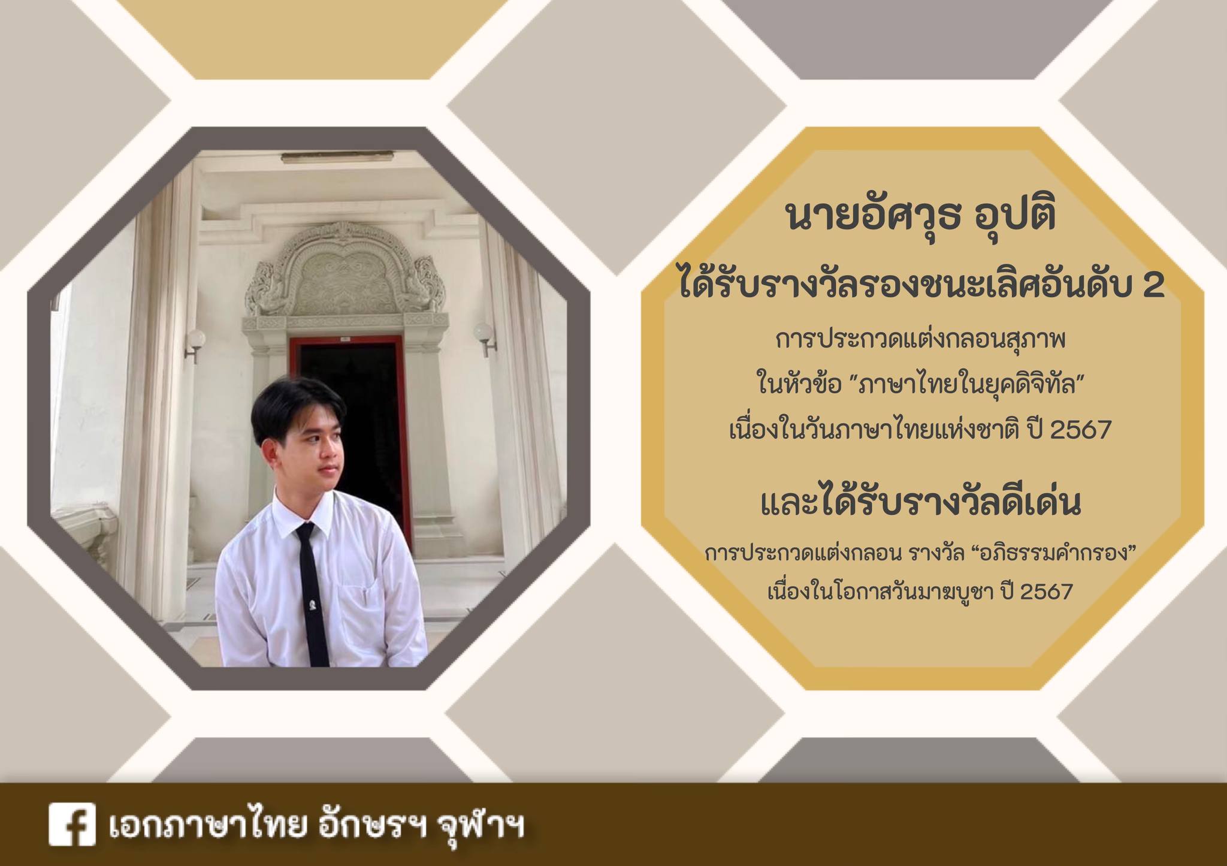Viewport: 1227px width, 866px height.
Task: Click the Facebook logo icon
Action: pyautogui.click(x=72, y=824)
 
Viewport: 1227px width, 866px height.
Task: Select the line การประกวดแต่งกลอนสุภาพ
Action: pyautogui.click(x=921, y=341)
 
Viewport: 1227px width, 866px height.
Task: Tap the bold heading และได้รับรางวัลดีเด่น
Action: pyautogui.click(x=921, y=504)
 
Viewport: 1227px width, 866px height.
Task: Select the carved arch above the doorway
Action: pyautogui.click(x=345, y=271)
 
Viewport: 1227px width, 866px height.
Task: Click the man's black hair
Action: pyautogui.click(x=295, y=408)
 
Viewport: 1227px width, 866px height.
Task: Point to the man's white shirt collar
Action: pyautogui.click(x=306, y=509)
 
